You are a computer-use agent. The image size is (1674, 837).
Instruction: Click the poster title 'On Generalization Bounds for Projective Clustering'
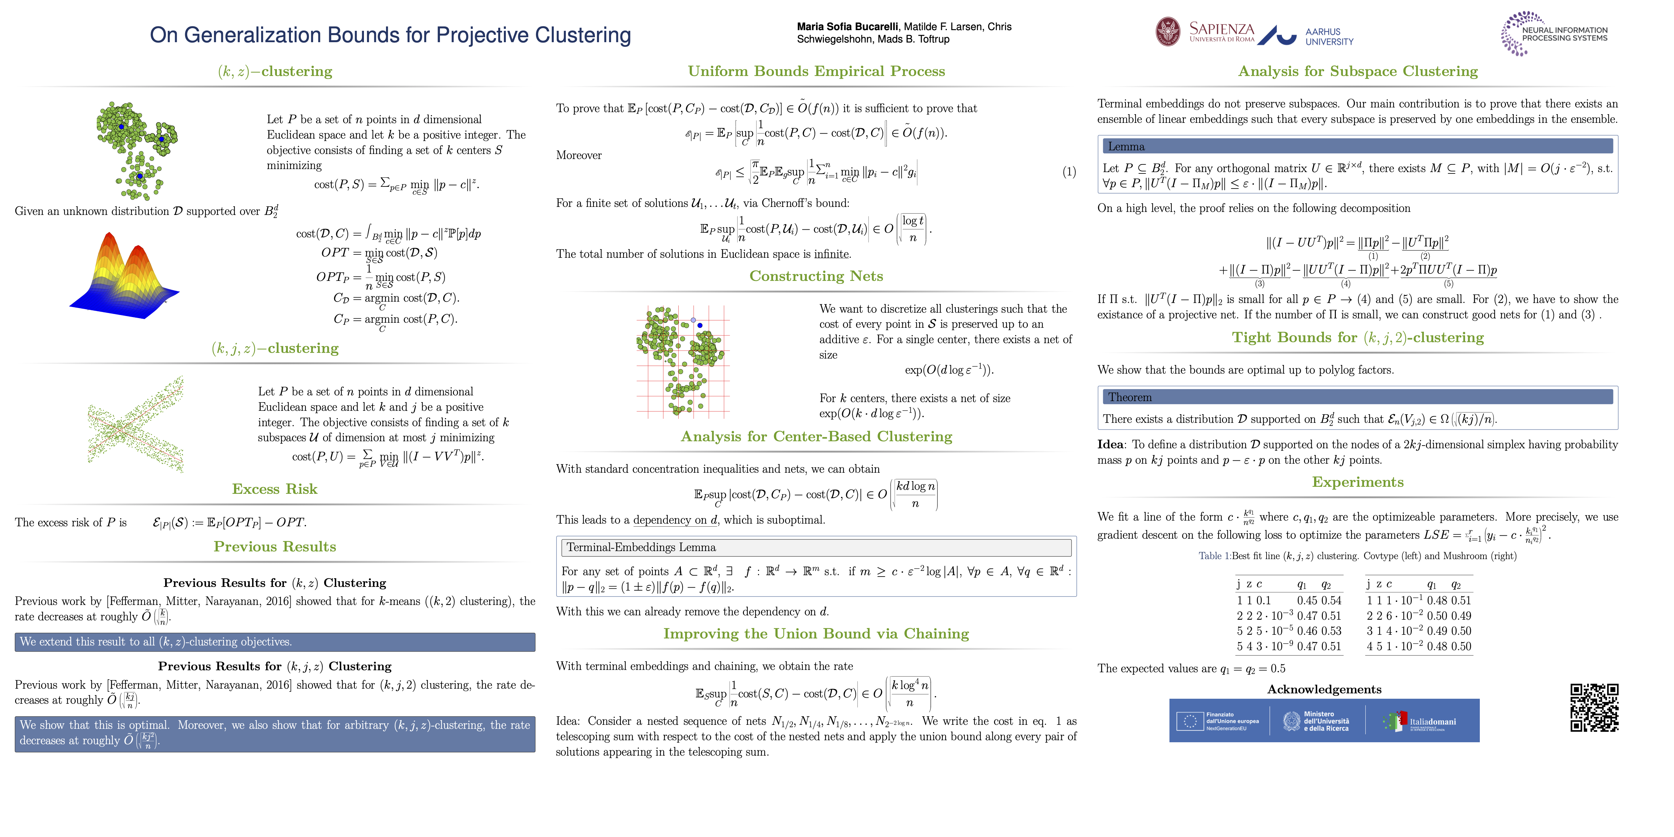point(390,35)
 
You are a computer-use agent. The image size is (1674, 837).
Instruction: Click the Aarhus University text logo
point(1329,36)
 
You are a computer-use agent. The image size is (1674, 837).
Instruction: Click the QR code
point(1594,708)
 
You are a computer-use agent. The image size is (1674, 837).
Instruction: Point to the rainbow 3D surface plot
point(124,276)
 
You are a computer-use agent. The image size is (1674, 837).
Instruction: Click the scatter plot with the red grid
point(682,361)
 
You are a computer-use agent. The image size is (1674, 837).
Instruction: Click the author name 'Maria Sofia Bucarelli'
point(847,27)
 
